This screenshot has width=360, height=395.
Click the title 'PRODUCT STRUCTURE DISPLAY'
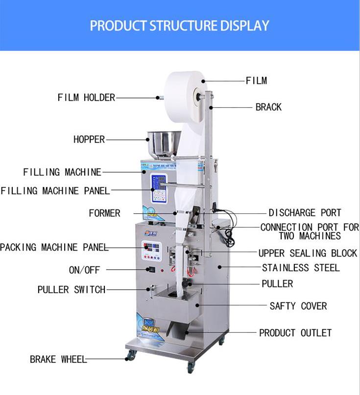(x=179, y=25)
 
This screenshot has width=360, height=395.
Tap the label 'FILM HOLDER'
(x=86, y=97)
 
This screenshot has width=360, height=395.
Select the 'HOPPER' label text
(x=89, y=139)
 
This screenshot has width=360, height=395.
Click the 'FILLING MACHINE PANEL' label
(x=55, y=190)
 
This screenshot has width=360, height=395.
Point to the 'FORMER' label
(x=104, y=213)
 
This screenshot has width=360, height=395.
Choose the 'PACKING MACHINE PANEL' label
(x=54, y=247)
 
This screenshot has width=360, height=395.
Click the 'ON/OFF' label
(x=84, y=270)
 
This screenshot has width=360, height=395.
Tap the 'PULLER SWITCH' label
(x=72, y=290)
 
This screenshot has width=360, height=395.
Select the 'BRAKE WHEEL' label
(x=58, y=359)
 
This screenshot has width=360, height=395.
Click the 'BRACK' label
(x=268, y=107)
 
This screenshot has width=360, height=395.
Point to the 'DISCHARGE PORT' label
(x=305, y=213)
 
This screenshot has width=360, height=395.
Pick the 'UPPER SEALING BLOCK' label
(x=308, y=253)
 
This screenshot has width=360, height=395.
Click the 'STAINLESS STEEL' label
(x=301, y=268)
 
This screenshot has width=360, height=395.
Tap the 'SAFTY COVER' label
(x=298, y=306)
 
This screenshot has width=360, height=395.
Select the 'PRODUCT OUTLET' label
(x=295, y=333)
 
